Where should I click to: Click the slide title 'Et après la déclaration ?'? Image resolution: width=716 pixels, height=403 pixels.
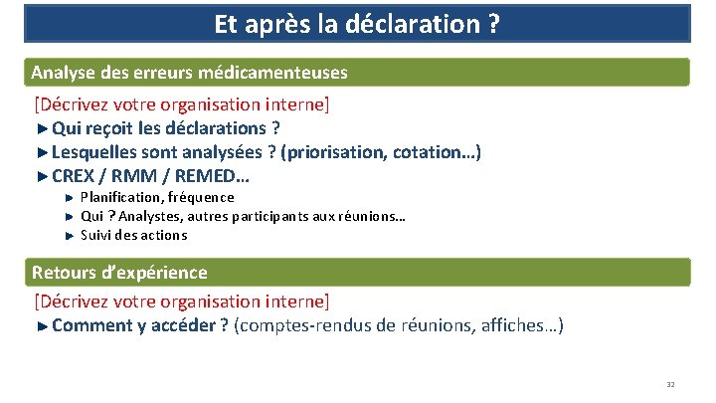coord(357,23)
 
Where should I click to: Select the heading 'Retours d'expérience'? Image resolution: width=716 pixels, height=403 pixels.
coord(119,272)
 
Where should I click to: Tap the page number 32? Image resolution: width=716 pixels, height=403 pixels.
coord(670,385)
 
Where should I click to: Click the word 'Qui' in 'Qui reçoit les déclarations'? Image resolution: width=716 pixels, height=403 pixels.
coord(67,128)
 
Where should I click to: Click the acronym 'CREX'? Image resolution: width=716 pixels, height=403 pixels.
coord(73,177)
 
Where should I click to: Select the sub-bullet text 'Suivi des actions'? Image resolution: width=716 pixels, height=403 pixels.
coord(133,235)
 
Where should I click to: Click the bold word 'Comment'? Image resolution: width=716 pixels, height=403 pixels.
coord(92,325)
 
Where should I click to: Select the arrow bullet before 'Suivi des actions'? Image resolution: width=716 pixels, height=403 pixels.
coord(69,236)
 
